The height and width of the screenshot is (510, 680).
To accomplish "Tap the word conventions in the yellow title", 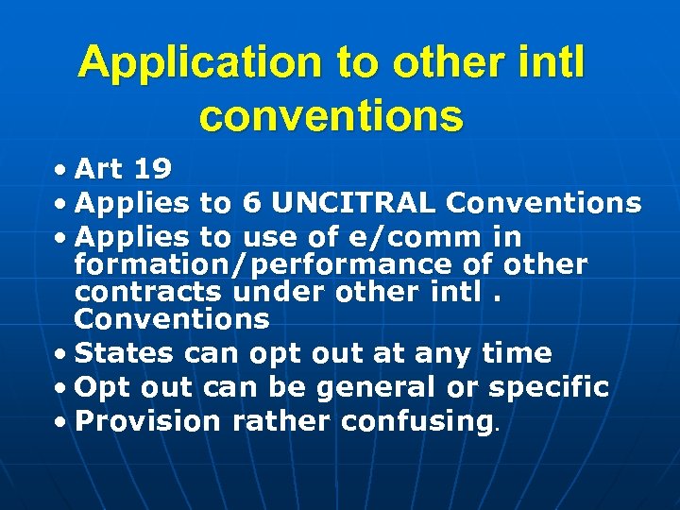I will click(x=331, y=117).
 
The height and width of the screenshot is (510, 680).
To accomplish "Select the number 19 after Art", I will click(x=152, y=170).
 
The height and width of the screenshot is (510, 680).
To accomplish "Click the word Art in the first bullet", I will click(x=99, y=170).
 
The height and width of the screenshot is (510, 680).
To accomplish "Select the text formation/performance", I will click(x=266, y=265).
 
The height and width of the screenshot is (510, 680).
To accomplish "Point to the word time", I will click(x=516, y=353).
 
